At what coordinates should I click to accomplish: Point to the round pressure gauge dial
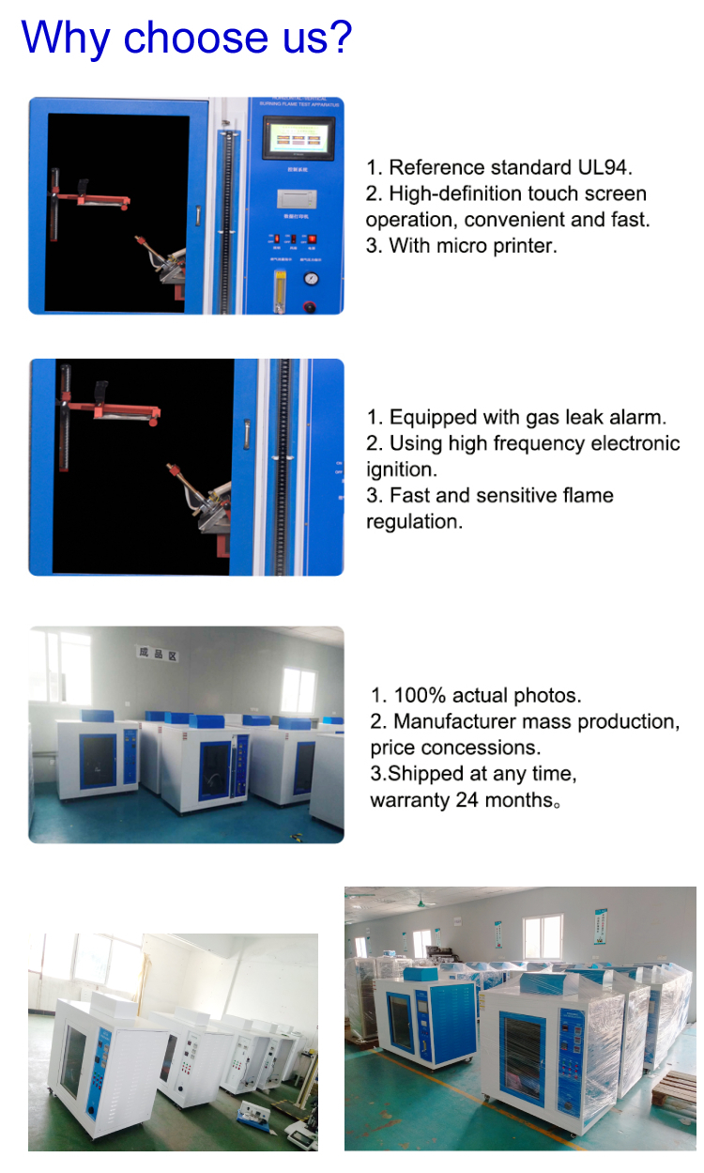point(309,278)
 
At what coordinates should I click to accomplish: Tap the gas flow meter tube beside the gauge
point(277,286)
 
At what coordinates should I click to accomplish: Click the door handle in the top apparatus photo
point(198,215)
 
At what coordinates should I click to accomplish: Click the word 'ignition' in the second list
point(401,470)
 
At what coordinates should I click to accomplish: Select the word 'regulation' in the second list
point(414,521)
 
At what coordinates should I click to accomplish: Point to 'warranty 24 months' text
point(458,800)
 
